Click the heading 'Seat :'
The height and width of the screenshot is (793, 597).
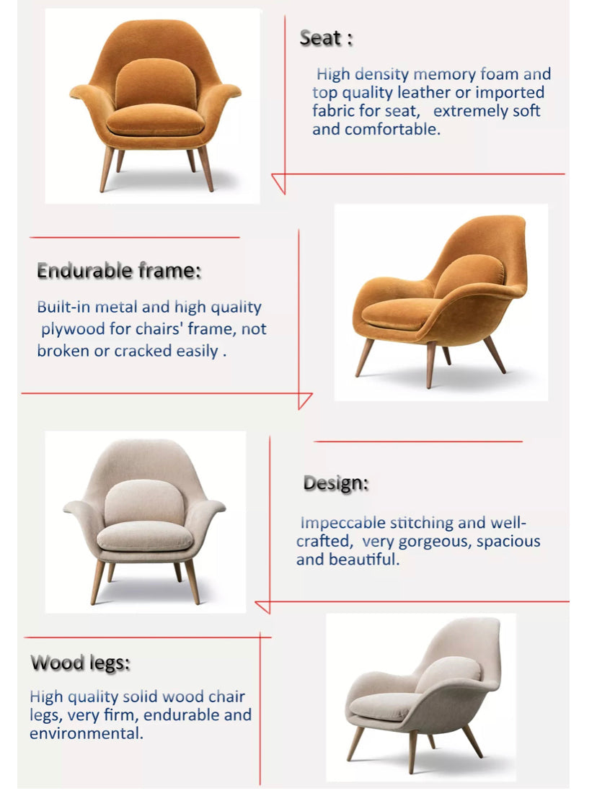coord(326,39)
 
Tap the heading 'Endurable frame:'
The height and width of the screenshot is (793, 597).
coord(119,272)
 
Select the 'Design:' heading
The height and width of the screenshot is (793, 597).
coord(335,483)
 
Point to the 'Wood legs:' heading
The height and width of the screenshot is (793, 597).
coord(80,663)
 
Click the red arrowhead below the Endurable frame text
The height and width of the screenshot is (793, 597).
coord(304,400)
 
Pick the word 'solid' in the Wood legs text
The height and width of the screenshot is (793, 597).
coord(140,697)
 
